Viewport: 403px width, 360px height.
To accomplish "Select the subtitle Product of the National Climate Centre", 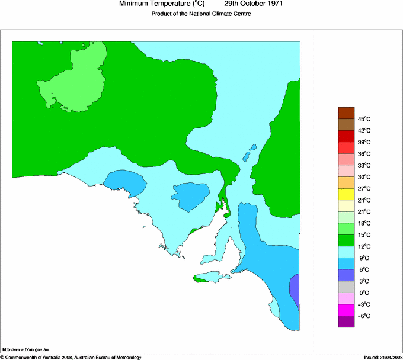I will pyautogui.click(x=201, y=14).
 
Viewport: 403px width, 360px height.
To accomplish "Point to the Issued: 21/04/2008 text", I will pyautogui.click(x=382, y=357).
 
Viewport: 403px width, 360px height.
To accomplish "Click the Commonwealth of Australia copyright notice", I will pyautogui.click(x=71, y=357).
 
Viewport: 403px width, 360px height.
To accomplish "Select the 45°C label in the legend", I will pyautogui.click(x=364, y=119).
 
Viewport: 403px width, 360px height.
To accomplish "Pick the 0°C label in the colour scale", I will pyautogui.click(x=364, y=293).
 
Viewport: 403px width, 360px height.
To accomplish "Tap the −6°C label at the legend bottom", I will pyautogui.click(x=363, y=316).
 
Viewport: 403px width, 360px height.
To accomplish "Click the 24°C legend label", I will pyautogui.click(x=364, y=200).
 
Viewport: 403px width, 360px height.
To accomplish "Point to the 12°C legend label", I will pyautogui.click(x=364, y=246).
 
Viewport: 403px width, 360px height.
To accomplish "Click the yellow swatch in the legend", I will pyautogui.click(x=346, y=194).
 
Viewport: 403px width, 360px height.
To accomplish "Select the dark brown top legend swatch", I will pyautogui.click(x=346, y=112).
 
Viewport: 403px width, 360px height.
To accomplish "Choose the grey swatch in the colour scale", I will pyautogui.click(x=346, y=287).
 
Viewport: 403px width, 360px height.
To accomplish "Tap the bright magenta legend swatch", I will pyautogui.click(x=346, y=310).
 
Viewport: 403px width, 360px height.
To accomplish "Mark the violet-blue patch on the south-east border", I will pyautogui.click(x=295, y=290).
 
